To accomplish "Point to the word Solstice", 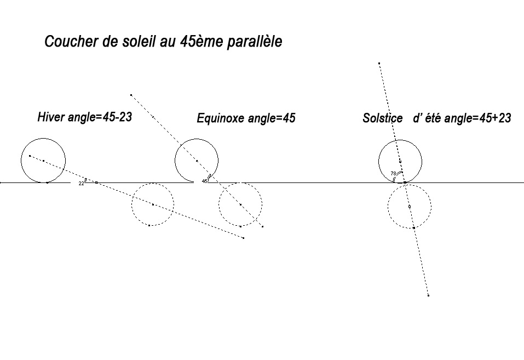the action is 382,118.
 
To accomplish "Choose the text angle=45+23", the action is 477,118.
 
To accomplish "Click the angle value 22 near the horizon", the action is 81,184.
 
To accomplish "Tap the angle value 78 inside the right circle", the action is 393,174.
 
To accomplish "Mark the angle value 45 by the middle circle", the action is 204,181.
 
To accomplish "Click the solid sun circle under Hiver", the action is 43,160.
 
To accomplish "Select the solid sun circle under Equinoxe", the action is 197,160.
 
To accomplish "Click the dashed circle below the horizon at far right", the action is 410,206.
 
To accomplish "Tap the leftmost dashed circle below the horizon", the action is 153,205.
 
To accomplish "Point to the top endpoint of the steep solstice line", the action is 379,64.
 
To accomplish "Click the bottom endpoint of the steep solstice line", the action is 428,295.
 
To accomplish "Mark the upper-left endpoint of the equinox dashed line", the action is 131,95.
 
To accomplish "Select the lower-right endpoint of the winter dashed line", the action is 243,238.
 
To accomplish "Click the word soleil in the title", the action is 138,42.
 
